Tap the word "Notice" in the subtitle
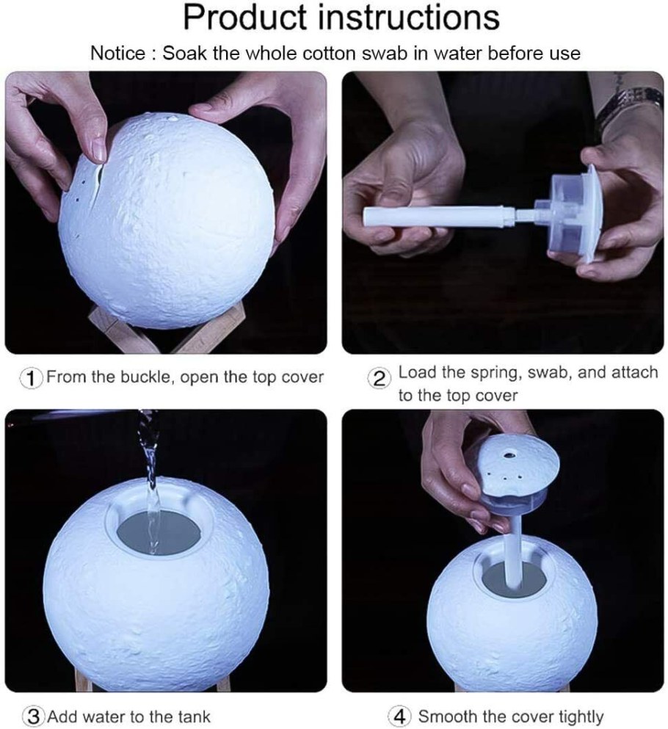pyautogui.click(x=117, y=54)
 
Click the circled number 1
pyautogui.click(x=31, y=378)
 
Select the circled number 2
pyautogui.click(x=379, y=380)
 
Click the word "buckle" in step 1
pyautogui.click(x=146, y=377)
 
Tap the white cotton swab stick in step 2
pyautogui.click(x=439, y=217)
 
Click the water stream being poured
pyautogui.click(x=150, y=479)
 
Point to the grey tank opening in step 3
pyautogui.click(x=157, y=532)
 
